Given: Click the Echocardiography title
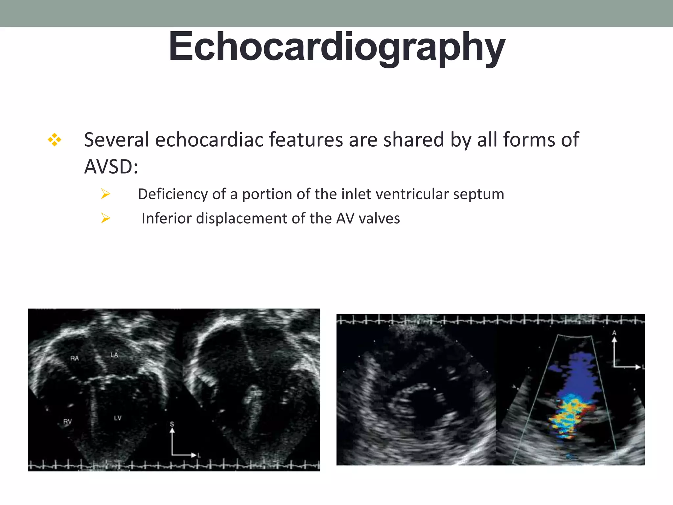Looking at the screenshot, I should pos(337,47).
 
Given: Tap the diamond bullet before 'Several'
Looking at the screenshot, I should pos(55,140).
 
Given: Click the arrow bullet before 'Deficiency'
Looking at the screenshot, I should pos(105,194).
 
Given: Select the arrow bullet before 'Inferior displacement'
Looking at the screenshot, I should pos(105,218).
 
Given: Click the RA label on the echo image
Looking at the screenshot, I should pos(75,358).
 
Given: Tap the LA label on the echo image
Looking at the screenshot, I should pos(114,355).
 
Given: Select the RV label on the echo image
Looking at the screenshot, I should pos(67,421).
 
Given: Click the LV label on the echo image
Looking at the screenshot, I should pos(118,418).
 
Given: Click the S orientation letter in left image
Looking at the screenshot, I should pos(172,424).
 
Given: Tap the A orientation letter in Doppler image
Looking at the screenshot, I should pos(614,333).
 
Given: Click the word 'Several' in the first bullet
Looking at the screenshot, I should pos(117,140).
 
